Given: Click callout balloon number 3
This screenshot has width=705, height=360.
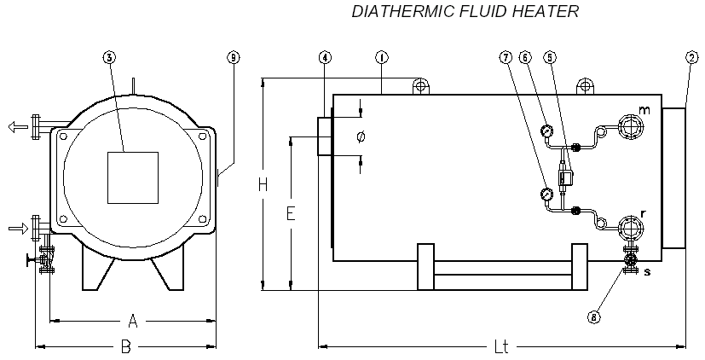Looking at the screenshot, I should coord(109,58).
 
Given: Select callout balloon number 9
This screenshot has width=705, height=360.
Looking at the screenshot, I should coord(234,58).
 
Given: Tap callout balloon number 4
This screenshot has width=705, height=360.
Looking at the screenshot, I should coord(324,58).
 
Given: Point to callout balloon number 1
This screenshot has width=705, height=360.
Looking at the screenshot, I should coord(381,58).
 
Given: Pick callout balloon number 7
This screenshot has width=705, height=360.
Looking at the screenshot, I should coord(506,58).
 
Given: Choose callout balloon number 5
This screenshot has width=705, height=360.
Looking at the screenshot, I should coord(550,58).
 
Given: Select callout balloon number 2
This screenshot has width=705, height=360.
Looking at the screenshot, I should coord(691,58).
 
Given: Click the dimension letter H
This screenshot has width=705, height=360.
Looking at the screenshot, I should coord(265,184).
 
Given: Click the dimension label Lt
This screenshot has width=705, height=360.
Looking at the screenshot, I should coord(501,347).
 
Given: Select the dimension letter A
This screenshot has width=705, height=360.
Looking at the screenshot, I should coord(132,321).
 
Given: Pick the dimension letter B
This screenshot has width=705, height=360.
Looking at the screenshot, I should coord(125,347).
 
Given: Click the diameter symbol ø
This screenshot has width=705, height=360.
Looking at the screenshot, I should coord(361,136).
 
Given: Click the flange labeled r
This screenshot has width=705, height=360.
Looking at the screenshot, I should coord(632,229).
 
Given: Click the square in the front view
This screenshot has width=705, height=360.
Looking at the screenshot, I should coord(132,177).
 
